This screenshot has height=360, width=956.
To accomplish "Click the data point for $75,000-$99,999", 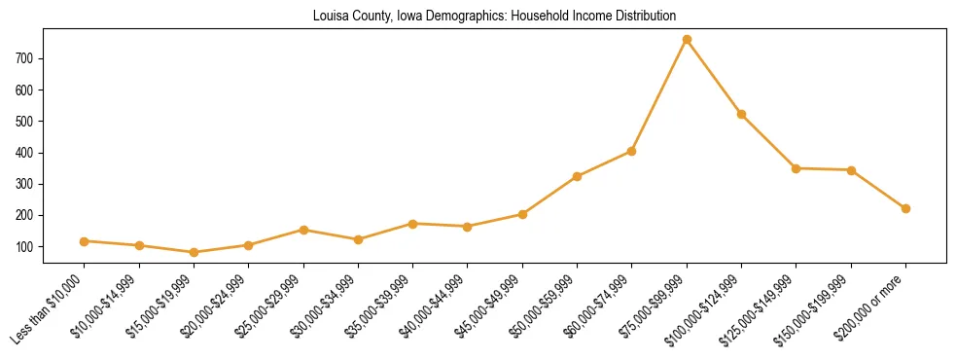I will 687,40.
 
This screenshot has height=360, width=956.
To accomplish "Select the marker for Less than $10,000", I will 85,241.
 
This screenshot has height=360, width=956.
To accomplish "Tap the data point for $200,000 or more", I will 905,208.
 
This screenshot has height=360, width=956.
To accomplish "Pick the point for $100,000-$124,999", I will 741,115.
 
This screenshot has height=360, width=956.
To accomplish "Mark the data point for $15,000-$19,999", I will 195,252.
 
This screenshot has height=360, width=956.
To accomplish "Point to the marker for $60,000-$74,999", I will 632,151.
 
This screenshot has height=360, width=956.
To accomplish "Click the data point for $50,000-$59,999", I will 577,176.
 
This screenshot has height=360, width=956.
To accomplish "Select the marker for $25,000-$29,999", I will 303,230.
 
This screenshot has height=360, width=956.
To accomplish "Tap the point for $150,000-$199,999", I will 851,170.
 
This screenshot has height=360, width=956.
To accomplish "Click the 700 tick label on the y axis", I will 25,58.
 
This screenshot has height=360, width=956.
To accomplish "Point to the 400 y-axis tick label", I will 25,153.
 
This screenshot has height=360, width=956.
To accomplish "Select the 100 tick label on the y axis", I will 25,247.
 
